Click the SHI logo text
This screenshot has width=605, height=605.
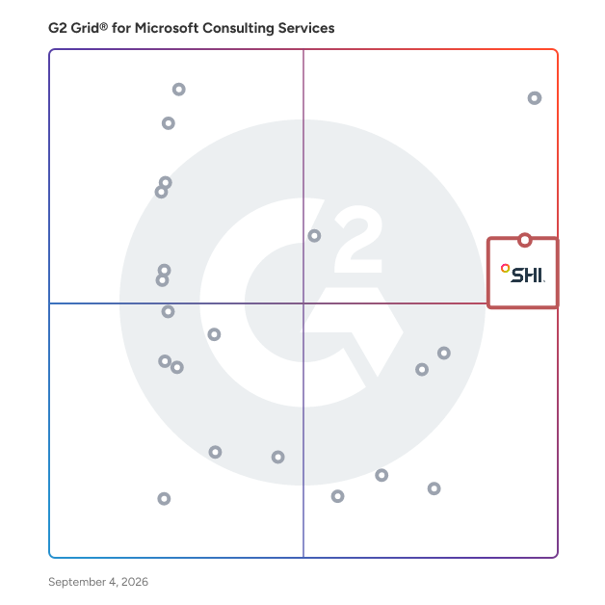click(527, 276)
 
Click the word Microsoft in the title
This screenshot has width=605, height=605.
click(167, 28)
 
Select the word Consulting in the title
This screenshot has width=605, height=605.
click(238, 29)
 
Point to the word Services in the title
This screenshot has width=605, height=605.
click(306, 28)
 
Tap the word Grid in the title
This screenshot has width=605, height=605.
click(85, 28)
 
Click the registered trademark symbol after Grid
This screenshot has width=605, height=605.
click(103, 26)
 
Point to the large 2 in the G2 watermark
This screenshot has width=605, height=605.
click(358, 239)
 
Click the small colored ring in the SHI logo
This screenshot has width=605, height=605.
click(506, 268)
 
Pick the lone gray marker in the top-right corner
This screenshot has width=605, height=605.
click(535, 98)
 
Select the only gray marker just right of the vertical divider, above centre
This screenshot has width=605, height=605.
click(314, 236)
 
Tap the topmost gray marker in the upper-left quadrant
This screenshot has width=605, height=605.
click(178, 90)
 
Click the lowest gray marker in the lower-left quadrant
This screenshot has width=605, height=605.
click(164, 498)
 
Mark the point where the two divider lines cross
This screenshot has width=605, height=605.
click(303, 303)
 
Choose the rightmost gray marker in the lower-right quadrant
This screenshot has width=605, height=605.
click(444, 353)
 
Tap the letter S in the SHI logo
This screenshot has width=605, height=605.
click(517, 276)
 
